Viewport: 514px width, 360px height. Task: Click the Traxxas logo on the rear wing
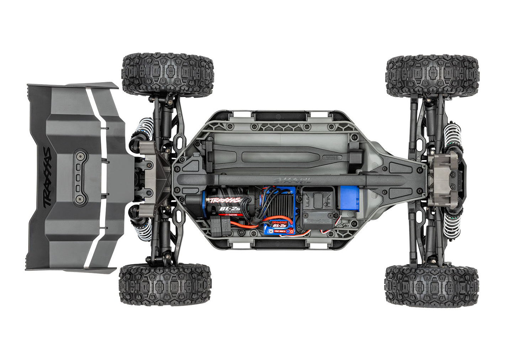pos(47,177)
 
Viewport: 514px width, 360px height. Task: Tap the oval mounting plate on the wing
pos(80,177)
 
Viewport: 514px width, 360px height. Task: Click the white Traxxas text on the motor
pos(224,200)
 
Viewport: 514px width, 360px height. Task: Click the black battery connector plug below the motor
pos(218,225)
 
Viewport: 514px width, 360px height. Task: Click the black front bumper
pos(462,177)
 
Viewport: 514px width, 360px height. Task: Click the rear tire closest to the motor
pos(165,284)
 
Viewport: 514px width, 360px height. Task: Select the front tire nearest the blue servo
pos(432,285)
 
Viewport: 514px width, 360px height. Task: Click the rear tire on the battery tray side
pos(168,74)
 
